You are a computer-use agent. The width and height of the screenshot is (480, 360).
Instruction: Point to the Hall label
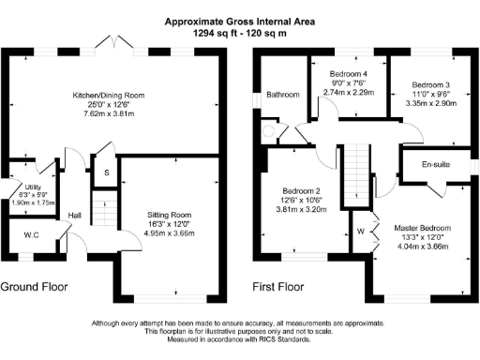(75, 215)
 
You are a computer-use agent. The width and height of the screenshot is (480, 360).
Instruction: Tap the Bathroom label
(282, 94)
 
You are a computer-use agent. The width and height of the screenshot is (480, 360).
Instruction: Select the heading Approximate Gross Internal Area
(239, 20)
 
